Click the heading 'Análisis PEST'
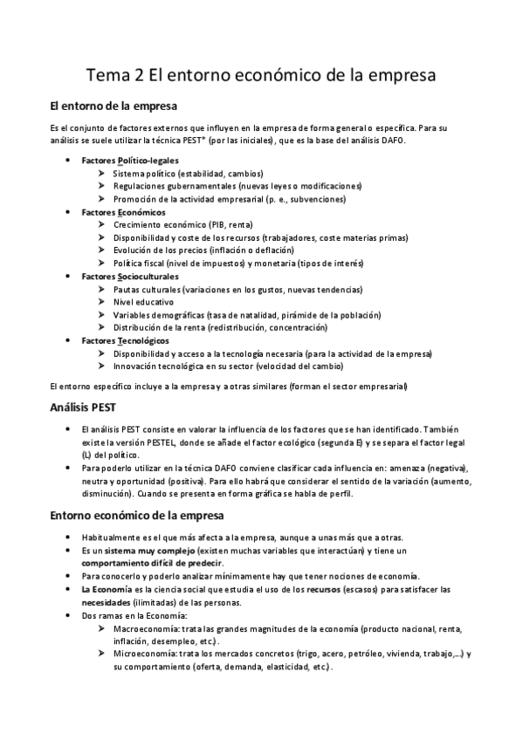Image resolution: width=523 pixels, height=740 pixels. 88,408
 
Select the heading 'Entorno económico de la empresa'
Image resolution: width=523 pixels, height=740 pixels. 138,516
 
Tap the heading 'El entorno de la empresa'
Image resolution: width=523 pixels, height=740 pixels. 114,107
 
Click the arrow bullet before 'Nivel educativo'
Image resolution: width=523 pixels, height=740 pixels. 103,302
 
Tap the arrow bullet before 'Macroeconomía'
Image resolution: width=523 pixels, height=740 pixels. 103,628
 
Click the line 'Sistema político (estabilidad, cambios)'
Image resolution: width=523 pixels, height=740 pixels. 189,174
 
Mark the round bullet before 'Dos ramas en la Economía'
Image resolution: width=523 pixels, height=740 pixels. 69,616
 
